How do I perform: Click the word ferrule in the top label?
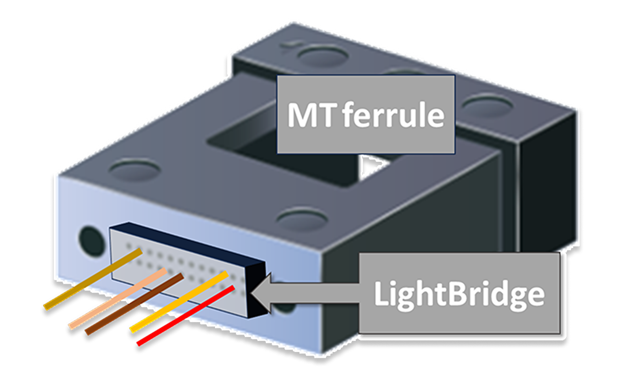point(393,115)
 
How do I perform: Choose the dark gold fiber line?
point(93,279)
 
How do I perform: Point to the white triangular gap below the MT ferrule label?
point(371,166)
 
